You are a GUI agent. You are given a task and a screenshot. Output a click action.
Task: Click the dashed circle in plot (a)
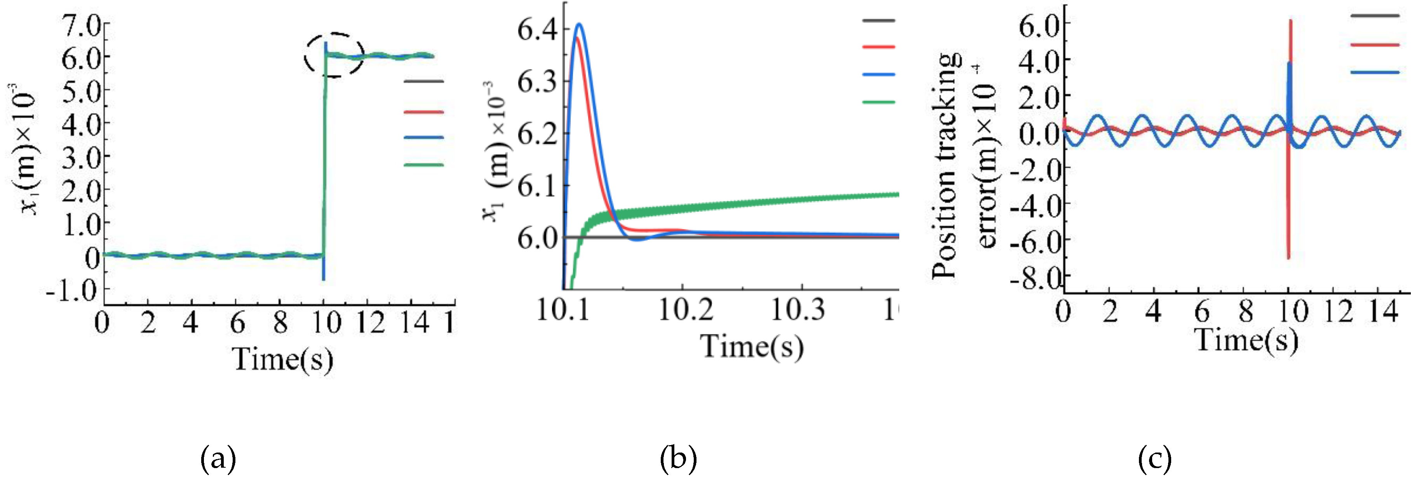(x=334, y=55)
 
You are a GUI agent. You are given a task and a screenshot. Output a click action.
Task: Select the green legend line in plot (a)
(x=423, y=165)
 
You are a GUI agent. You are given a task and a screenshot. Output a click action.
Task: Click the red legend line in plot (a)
(x=423, y=112)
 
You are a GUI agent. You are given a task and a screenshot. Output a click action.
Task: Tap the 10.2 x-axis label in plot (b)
(x=686, y=310)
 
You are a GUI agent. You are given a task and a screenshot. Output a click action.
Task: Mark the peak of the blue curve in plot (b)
(x=579, y=24)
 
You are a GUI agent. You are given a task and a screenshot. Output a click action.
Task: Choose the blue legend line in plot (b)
(x=879, y=74)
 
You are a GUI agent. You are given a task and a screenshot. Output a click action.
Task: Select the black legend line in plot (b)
(x=879, y=20)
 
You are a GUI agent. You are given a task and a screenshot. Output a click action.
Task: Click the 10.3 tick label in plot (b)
(x=797, y=310)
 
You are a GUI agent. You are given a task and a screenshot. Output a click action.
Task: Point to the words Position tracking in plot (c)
(x=944, y=165)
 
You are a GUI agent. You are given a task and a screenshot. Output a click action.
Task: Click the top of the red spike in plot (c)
(x=1291, y=21)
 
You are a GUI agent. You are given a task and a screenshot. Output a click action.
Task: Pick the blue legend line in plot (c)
(x=1375, y=72)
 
